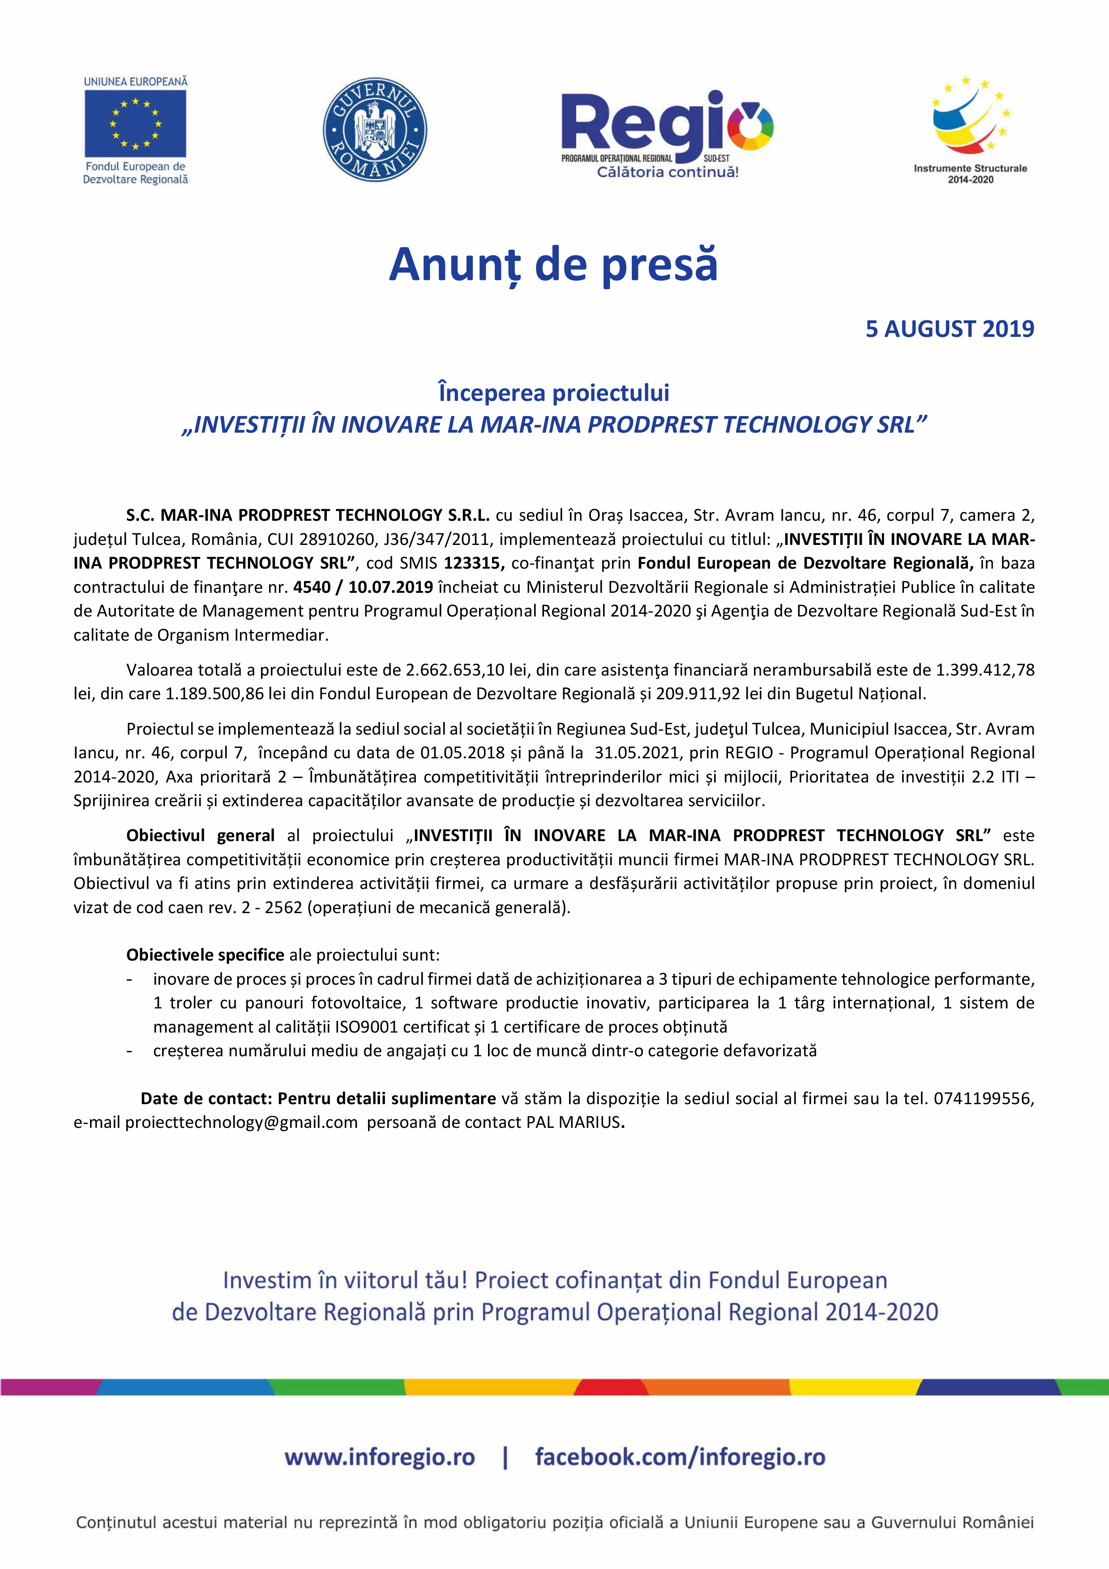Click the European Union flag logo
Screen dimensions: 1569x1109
point(135,123)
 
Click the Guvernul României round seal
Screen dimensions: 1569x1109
point(375,130)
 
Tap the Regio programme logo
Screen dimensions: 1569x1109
point(667,133)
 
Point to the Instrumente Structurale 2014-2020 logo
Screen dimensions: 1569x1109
point(970,129)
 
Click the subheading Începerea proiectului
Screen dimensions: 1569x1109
point(554,393)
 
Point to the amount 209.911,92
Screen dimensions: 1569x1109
point(698,693)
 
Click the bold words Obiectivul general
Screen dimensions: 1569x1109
point(200,835)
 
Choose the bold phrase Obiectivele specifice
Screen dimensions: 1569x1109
point(205,955)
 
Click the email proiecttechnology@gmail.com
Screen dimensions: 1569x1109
point(241,1122)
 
